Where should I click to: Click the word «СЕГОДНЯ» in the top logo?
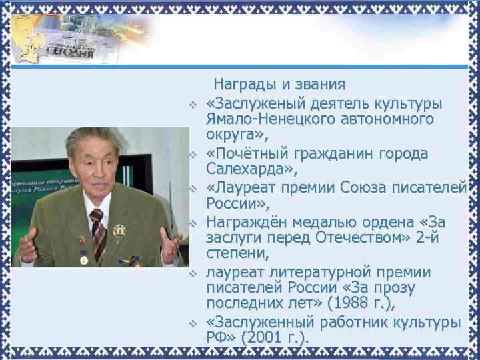click(65, 54)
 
